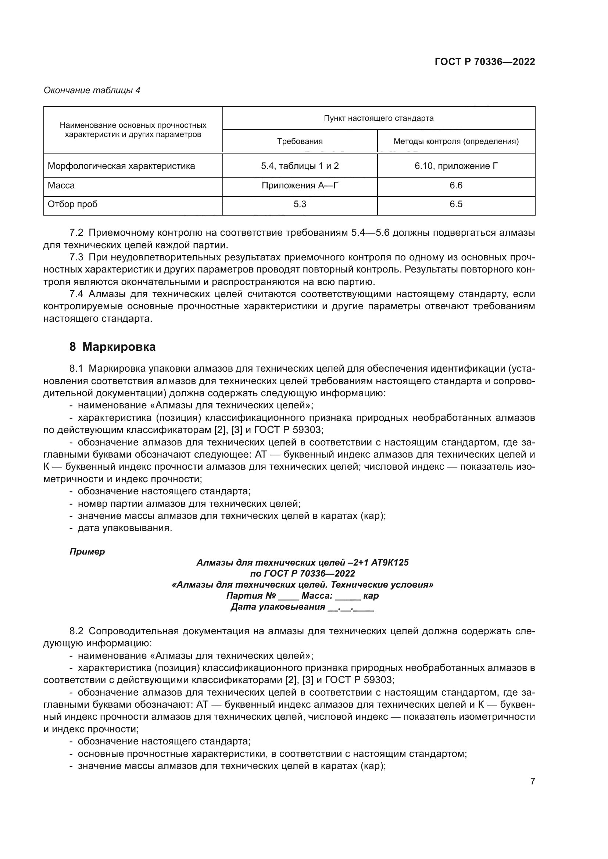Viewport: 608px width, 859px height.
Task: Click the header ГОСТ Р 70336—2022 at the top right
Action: coord(484,62)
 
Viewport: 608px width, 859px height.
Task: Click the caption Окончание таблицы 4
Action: coord(92,90)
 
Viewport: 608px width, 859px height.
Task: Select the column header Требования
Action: coord(300,141)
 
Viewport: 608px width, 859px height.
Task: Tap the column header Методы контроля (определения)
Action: coord(455,141)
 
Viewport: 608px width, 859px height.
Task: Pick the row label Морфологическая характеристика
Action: coord(121,166)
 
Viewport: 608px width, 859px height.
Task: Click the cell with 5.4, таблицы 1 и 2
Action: coord(300,166)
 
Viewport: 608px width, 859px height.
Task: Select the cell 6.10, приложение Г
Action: coord(455,166)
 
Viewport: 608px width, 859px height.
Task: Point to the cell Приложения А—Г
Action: coord(300,185)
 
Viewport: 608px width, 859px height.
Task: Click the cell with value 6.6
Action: coord(455,185)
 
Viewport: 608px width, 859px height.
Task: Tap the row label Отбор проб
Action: coord(73,204)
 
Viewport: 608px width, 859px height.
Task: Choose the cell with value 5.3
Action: coord(300,204)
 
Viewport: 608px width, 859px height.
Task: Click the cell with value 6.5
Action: coord(455,204)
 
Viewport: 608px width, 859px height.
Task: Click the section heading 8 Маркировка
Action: coord(112,347)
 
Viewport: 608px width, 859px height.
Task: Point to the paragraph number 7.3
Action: coord(76,257)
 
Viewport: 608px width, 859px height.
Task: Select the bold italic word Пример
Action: coord(87,552)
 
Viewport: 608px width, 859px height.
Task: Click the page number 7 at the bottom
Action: coord(532,781)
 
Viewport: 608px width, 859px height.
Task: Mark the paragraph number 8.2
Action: coord(76,631)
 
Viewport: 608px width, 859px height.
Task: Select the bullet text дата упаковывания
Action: coord(125,528)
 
